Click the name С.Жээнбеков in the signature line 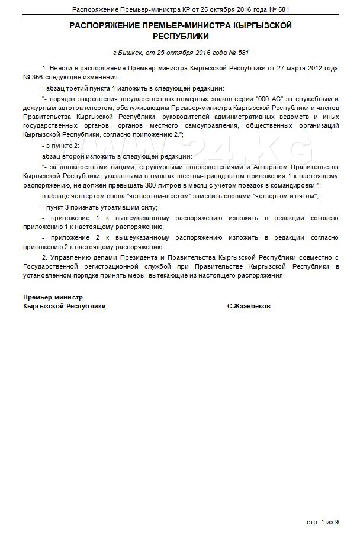(248, 306)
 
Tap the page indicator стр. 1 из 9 (323, 522)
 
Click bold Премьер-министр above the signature (53, 297)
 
